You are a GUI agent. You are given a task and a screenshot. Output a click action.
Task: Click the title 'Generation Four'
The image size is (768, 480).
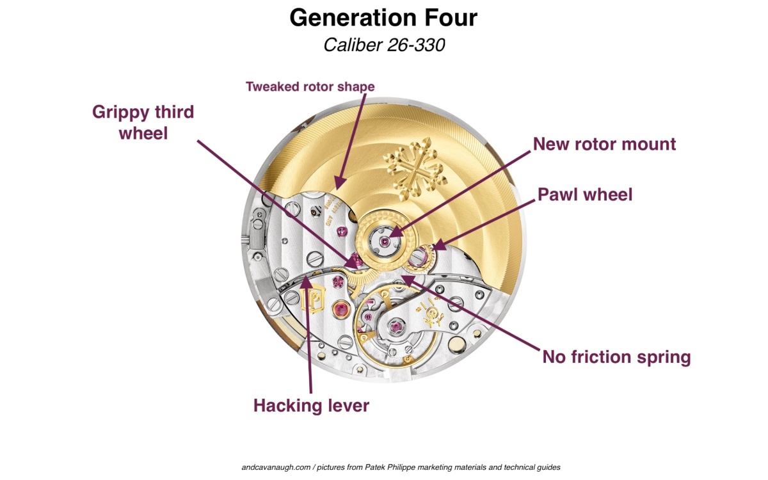point(383,17)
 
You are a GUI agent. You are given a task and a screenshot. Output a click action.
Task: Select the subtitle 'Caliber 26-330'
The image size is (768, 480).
point(383,45)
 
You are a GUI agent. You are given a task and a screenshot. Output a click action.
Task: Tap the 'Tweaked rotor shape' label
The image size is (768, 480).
point(310,86)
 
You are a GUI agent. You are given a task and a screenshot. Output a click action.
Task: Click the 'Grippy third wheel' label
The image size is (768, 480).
point(143,122)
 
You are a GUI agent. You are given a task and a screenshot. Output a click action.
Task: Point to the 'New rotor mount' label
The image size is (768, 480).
point(604,144)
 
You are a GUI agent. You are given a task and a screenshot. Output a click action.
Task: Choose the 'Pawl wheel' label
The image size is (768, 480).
point(585,195)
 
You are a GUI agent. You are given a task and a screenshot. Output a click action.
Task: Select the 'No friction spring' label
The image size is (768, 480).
point(616,357)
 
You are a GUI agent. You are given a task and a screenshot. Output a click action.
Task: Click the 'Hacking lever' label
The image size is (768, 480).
point(311,405)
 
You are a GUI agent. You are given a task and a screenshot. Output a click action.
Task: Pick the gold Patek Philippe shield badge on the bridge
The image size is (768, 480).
point(312,300)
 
